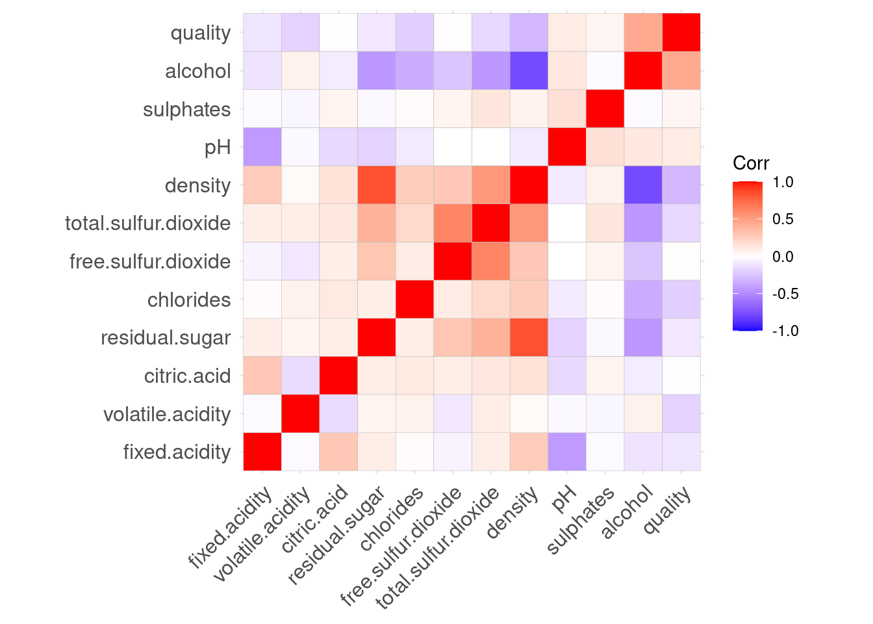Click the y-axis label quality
click(200, 33)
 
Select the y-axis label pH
click(218, 148)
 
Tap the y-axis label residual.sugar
click(166, 338)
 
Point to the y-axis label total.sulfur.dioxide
click(148, 224)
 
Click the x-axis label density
click(513, 513)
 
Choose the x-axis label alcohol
click(626, 514)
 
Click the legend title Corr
click(751, 163)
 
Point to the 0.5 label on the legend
click(783, 219)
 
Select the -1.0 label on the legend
click(785, 331)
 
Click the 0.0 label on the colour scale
click(783, 257)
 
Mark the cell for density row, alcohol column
click(643, 185)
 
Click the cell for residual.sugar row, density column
click(529, 337)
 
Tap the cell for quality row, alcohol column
click(643, 32)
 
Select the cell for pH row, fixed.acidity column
click(262, 147)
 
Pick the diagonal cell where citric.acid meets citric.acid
click(338, 376)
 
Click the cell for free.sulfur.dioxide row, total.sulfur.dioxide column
click(491, 261)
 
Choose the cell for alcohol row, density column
click(529, 71)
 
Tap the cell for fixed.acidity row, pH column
click(567, 452)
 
